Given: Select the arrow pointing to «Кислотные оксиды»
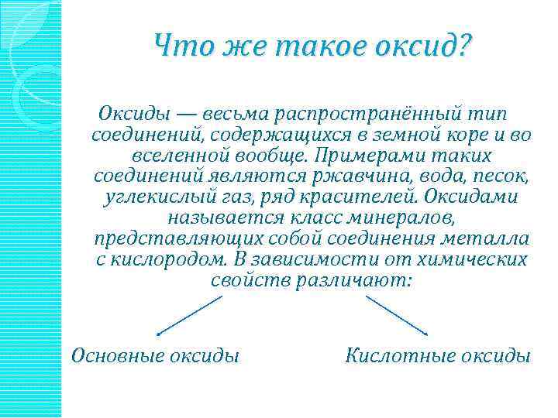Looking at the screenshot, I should (x=397, y=316).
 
